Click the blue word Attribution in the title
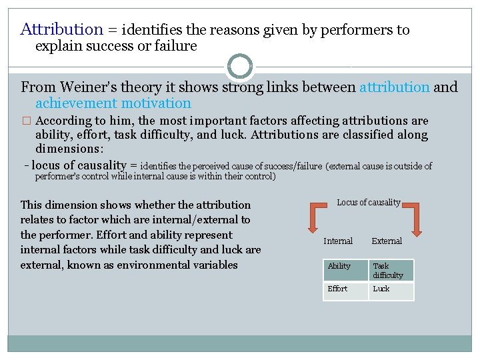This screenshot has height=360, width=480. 62,29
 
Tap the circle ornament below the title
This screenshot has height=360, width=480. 240,67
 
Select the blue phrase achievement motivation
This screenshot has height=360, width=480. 113,103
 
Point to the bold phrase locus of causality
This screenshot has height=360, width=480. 79,165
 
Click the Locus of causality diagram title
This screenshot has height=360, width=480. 369,202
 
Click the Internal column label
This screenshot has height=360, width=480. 338,241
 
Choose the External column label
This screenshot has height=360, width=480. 387,241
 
